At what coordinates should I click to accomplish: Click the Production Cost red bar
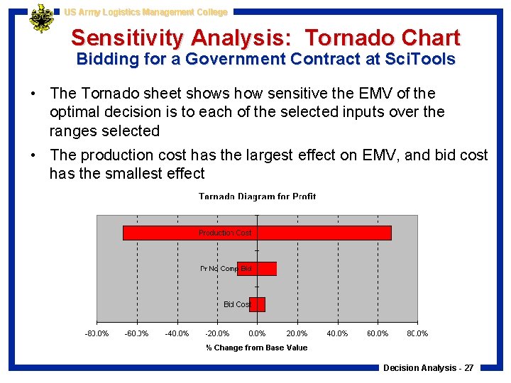click(x=319, y=233)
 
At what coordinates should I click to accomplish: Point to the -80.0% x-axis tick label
click(x=97, y=333)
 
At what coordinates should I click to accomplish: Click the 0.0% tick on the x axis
click(x=257, y=333)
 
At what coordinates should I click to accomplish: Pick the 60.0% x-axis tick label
click(x=377, y=333)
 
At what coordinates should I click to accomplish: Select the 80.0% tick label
click(x=417, y=333)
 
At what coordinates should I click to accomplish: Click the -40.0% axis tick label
click(x=177, y=333)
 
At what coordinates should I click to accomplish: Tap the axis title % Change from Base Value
click(x=257, y=348)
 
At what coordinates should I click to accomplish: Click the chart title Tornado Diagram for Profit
click(x=257, y=196)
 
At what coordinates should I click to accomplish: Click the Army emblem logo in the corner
click(x=42, y=18)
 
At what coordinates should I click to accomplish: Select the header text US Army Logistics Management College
click(x=145, y=12)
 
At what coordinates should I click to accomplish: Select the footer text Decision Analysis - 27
click(x=428, y=367)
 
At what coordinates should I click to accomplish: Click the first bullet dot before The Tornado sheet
click(x=34, y=94)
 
